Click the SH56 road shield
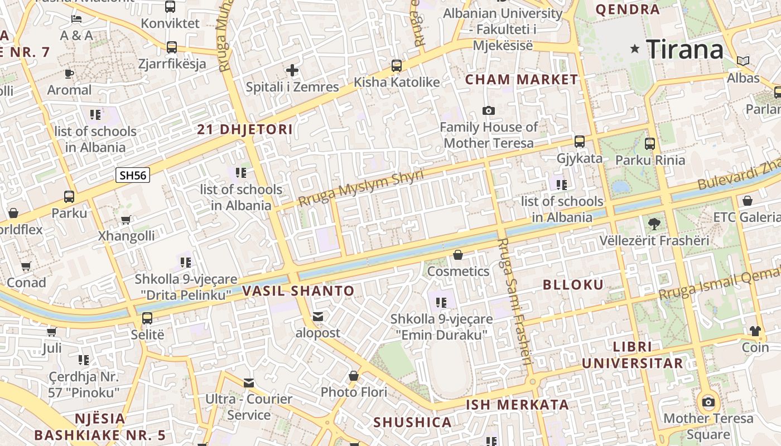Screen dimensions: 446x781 [133, 175]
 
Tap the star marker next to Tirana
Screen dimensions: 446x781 [634, 49]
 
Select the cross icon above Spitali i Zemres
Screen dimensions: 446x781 [292, 70]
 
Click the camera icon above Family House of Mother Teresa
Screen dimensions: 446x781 [489, 110]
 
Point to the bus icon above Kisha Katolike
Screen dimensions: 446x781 [397, 66]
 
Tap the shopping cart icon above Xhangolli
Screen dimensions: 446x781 [126, 220]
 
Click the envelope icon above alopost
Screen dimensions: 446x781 [318, 317]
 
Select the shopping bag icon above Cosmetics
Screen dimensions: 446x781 [458, 255]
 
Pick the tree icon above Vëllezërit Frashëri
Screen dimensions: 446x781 [654, 224]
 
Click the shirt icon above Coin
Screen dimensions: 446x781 [755, 331]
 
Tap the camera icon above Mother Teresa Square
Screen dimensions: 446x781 [708, 402]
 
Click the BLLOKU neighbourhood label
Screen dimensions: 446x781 [573, 285]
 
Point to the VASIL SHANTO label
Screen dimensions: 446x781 [298, 290]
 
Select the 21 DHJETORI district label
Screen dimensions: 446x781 [245, 130]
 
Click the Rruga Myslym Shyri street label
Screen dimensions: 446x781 [361, 187]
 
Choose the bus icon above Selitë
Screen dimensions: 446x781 [147, 318]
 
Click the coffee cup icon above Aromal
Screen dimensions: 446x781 [69, 74]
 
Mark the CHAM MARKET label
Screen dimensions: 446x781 [522, 80]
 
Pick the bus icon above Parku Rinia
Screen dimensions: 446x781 [650, 144]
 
